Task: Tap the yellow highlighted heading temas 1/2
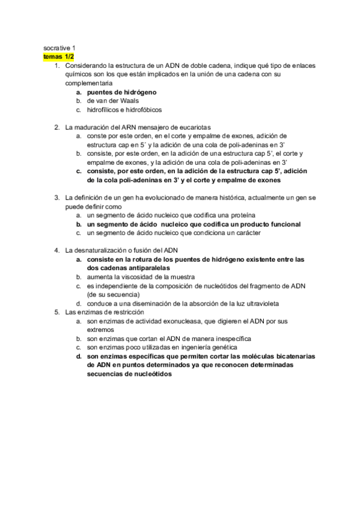58,56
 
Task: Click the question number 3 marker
56,197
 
